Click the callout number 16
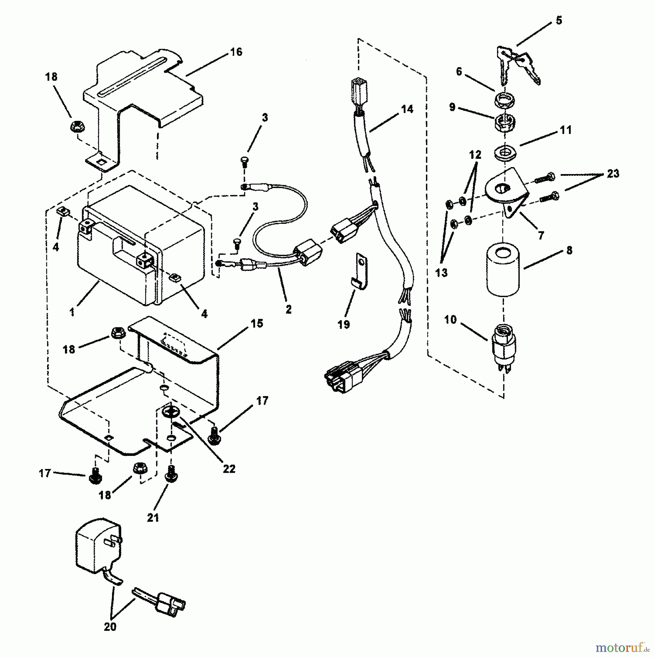pos(236,52)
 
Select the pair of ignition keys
pos(516,64)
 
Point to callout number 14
pos(407,109)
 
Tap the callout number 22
pos(229,469)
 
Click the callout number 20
pos(110,627)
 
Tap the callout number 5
pos(559,21)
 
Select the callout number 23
pos(613,174)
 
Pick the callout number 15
pos(257,324)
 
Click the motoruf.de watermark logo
pos(620,648)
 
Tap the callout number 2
pos(288,310)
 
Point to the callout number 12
pos(475,155)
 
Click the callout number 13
pos(441,273)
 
